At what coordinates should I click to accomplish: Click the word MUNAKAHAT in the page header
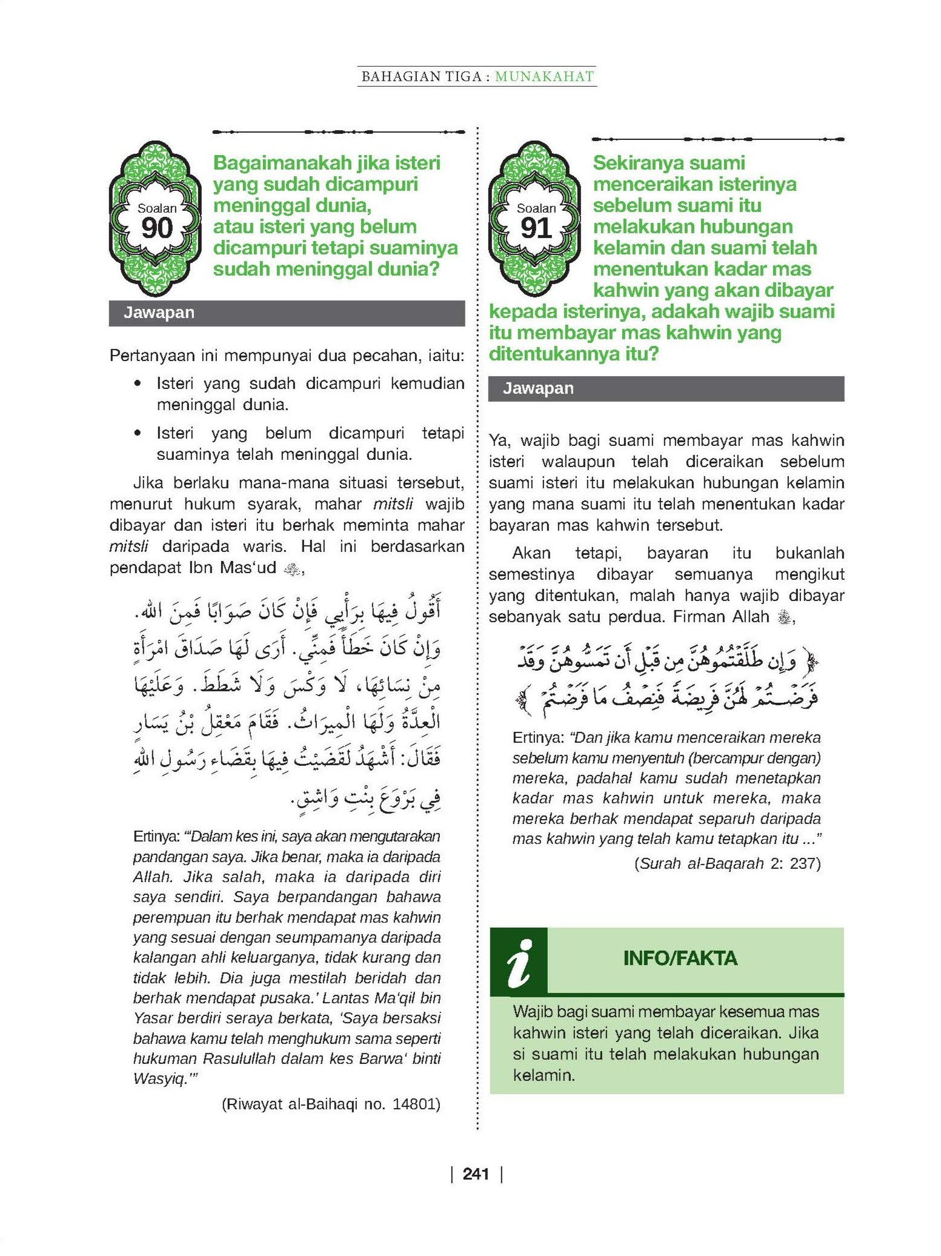pyautogui.click(x=544, y=76)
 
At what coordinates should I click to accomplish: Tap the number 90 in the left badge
pyautogui.click(x=157, y=228)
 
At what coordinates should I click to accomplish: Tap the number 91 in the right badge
pyautogui.click(x=536, y=228)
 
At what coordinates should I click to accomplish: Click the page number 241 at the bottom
pyautogui.click(x=476, y=1174)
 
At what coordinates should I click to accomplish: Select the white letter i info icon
pyautogui.click(x=519, y=963)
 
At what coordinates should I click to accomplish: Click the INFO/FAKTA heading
pyautogui.click(x=680, y=958)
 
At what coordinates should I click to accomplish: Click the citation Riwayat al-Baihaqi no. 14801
pyautogui.click(x=331, y=1104)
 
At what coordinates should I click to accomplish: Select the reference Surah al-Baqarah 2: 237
pyautogui.click(x=727, y=863)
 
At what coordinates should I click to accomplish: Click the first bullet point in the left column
pyautogui.click(x=139, y=384)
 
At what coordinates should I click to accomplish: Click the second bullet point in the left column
pyautogui.click(x=139, y=434)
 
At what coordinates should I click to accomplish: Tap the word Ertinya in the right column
pyautogui.click(x=536, y=738)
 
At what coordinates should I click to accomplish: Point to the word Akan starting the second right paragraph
pyautogui.click(x=531, y=553)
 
